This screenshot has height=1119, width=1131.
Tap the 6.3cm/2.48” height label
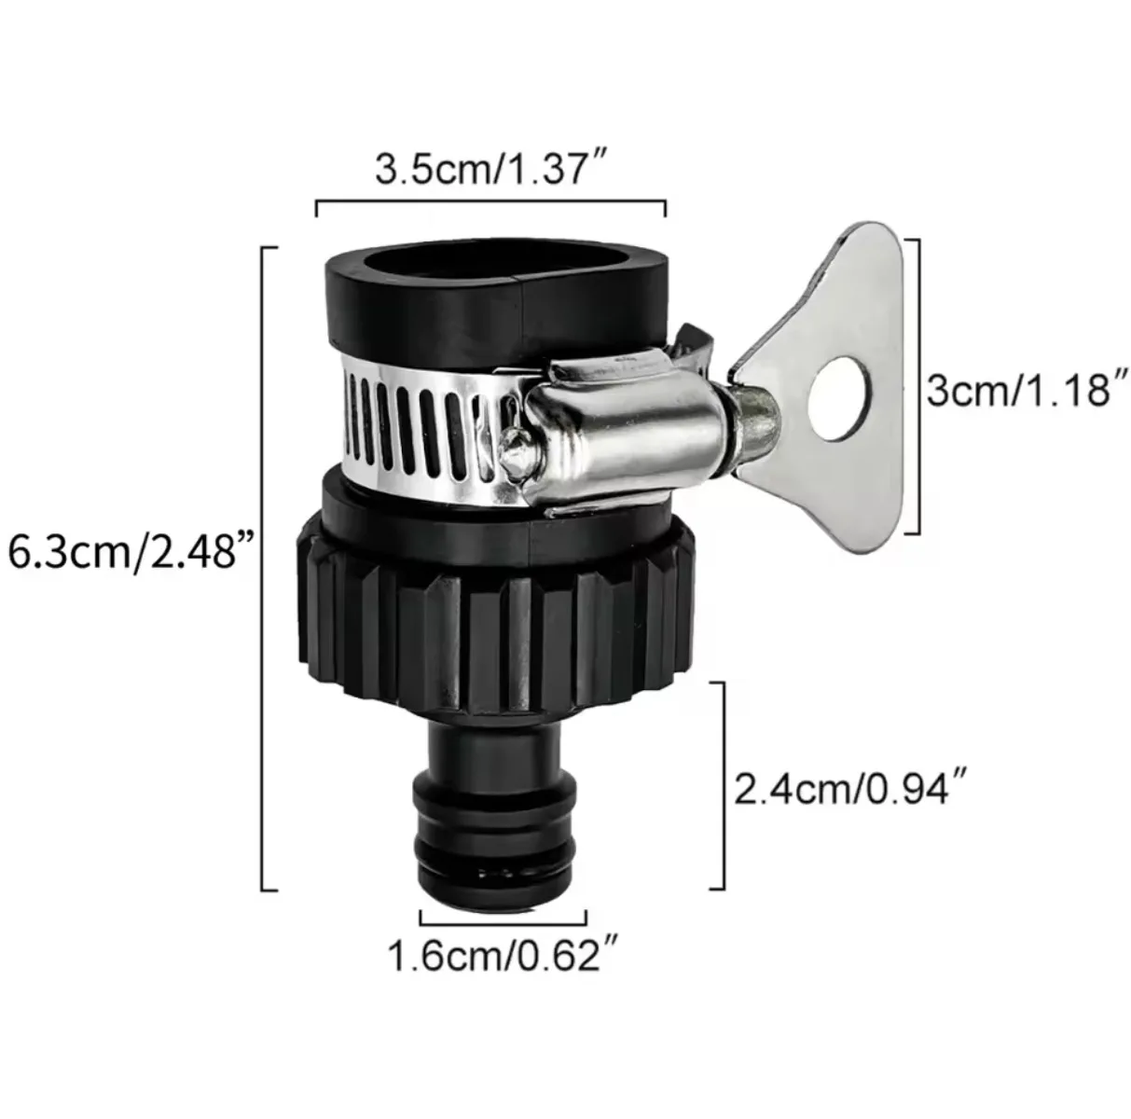tap(131, 552)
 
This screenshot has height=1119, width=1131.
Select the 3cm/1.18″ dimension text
tap(1022, 391)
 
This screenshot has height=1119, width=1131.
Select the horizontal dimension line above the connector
tap(490, 200)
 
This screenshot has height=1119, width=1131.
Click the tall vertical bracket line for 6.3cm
tap(264, 569)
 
